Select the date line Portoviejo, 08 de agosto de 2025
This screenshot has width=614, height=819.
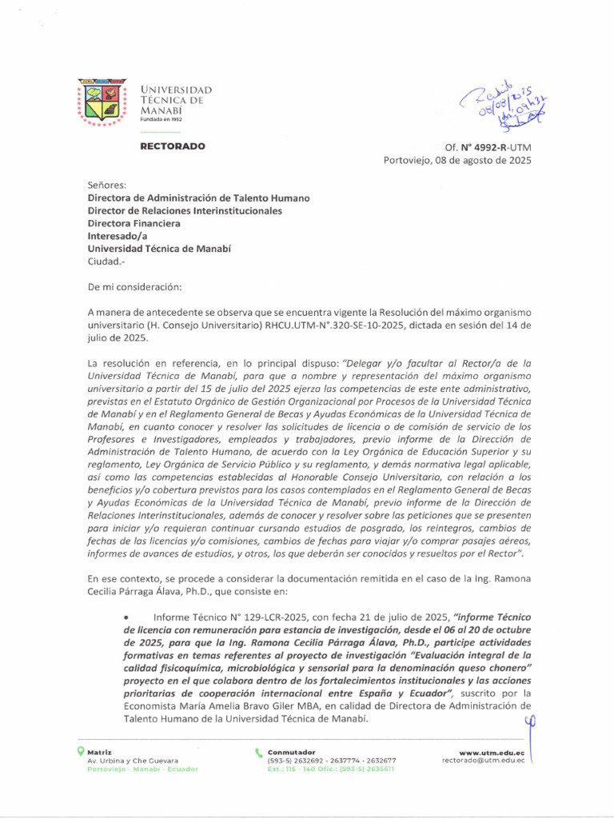457,160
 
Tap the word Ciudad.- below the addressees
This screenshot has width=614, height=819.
106,262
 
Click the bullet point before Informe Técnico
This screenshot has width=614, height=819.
128,617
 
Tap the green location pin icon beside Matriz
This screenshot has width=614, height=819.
80,752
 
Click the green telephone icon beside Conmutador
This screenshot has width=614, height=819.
258,752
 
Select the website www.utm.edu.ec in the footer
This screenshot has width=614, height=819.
492,753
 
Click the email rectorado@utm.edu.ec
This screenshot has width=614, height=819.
483,761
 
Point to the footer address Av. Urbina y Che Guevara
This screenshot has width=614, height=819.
133,761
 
